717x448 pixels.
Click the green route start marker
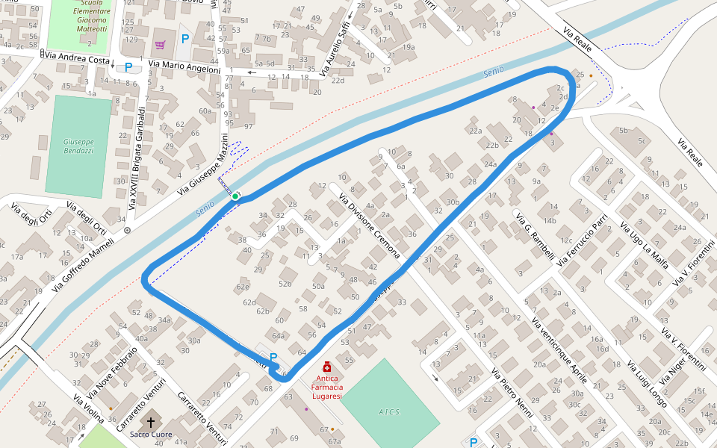[x=235, y=196]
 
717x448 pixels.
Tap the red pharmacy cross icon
[x=327, y=367]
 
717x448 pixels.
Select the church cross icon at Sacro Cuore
[x=151, y=420]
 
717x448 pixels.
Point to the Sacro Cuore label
[x=151, y=435]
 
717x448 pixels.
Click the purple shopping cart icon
[x=160, y=44]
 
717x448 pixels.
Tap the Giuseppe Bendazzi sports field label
[x=78, y=146]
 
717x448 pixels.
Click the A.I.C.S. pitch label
[x=389, y=411]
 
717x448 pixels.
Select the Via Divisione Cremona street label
[x=370, y=226]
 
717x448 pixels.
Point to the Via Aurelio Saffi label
[x=335, y=49]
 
